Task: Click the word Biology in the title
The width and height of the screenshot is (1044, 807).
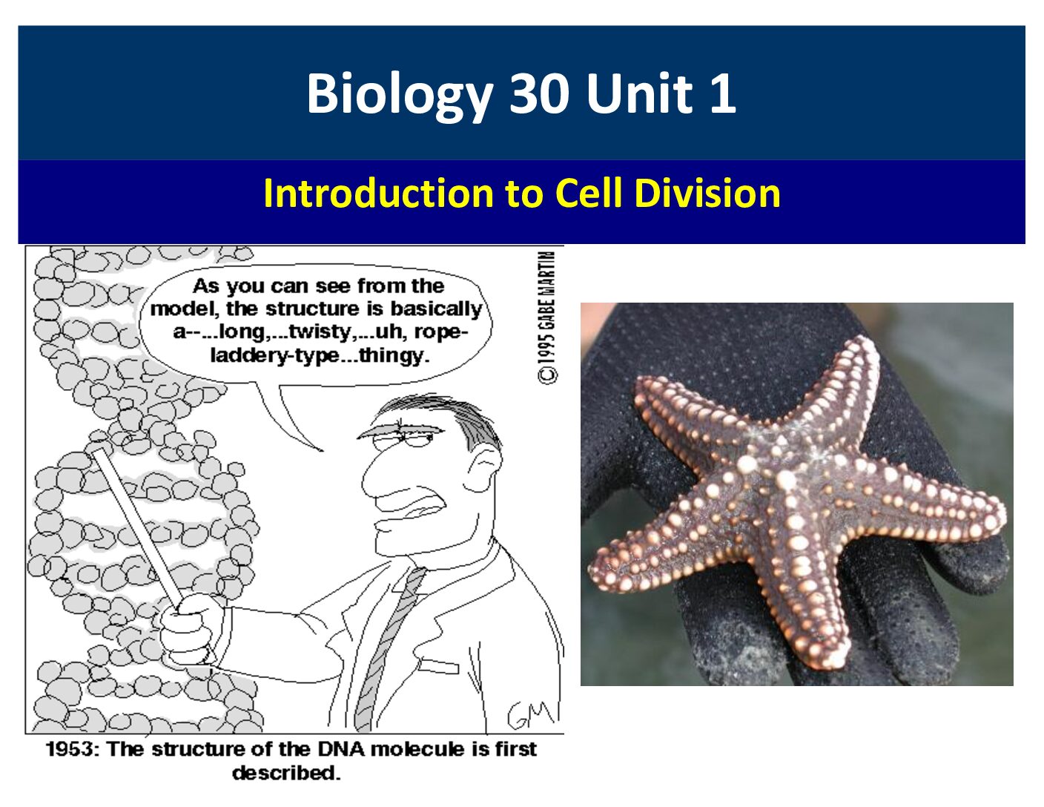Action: [400, 94]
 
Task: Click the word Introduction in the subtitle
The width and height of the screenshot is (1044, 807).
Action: [379, 193]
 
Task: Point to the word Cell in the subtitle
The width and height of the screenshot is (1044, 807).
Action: [589, 193]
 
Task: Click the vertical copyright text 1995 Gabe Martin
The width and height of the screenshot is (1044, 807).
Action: [548, 317]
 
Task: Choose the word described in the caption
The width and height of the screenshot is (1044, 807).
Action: [286, 773]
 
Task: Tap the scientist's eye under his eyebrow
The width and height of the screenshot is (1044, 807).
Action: [421, 438]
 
